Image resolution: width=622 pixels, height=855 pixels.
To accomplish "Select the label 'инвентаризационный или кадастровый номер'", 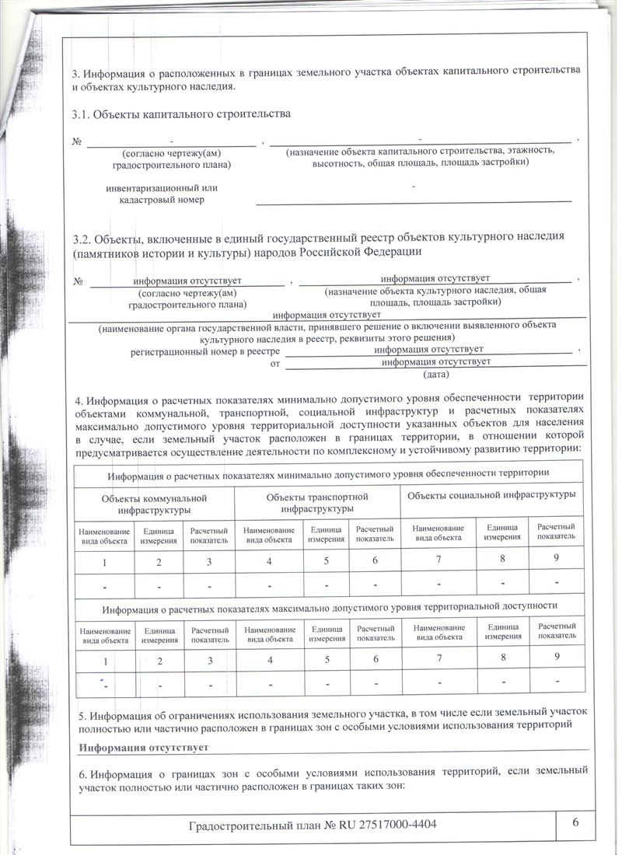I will pyautogui.click(x=162, y=194).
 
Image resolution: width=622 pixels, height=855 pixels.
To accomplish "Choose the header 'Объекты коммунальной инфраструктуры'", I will pyautogui.click(x=154, y=504).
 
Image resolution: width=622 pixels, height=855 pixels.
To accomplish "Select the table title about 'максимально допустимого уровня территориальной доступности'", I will pyautogui.click(x=330, y=604).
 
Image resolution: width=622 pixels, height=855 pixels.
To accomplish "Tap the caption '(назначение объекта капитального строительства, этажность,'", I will pyautogui.click(x=420, y=151).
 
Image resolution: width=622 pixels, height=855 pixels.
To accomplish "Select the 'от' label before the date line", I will pyautogui.click(x=274, y=363).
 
